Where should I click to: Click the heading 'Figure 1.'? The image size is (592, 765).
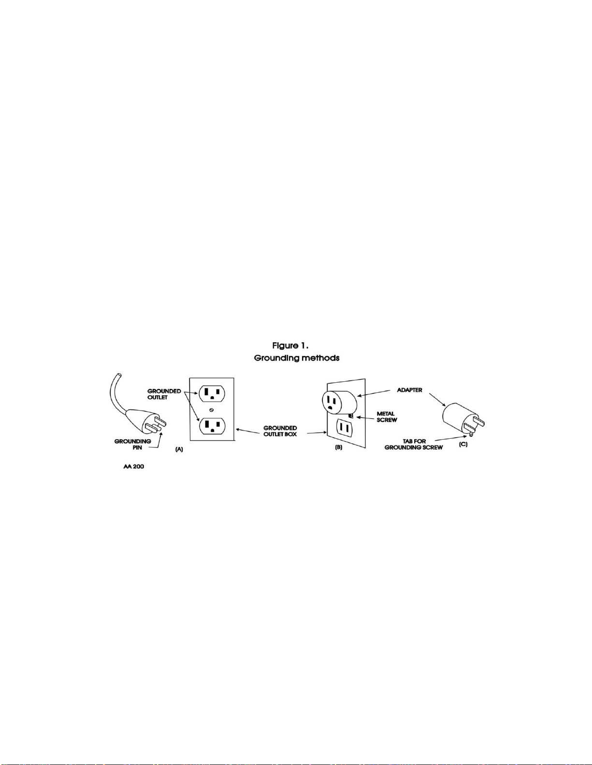(290, 346)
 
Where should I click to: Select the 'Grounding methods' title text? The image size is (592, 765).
(297, 359)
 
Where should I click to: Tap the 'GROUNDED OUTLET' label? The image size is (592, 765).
(164, 394)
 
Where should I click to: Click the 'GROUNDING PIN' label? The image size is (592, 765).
(132, 445)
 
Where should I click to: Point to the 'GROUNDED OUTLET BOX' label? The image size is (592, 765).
(280, 431)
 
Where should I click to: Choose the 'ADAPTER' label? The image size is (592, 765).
(409, 390)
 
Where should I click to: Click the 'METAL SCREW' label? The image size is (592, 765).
(387, 417)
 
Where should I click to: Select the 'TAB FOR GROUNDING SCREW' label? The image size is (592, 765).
(414, 445)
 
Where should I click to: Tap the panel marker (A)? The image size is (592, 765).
(179, 449)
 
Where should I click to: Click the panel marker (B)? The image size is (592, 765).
(338, 447)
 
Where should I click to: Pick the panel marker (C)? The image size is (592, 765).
(463, 445)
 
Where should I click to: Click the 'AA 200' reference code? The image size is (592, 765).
(133, 467)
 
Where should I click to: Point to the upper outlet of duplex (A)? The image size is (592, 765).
(212, 393)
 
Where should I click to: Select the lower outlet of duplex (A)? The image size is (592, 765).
(212, 427)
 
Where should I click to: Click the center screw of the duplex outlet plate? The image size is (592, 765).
(212, 410)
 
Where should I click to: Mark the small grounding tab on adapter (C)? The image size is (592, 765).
(472, 434)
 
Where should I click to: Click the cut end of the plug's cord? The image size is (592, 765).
(119, 376)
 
